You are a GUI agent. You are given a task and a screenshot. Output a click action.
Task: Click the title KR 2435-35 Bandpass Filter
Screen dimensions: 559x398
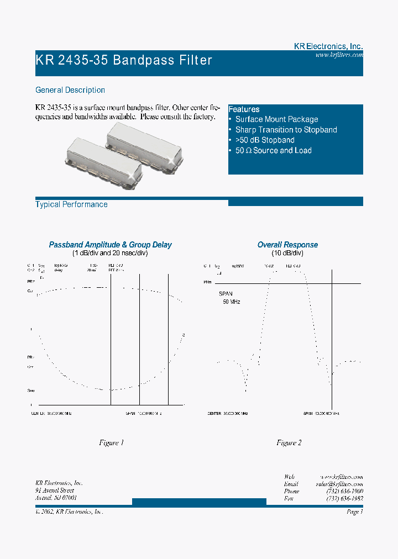tap(124, 60)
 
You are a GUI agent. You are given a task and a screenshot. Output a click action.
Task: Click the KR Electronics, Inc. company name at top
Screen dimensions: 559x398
tap(328, 47)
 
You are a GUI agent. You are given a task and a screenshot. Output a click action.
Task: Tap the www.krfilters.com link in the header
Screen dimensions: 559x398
tap(339, 55)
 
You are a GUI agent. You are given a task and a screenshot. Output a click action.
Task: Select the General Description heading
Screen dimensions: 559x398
tap(70, 90)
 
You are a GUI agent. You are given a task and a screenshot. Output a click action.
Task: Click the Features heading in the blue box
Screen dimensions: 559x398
tap(244, 109)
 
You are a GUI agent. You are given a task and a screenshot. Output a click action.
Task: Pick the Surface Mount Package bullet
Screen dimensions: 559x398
tap(276, 119)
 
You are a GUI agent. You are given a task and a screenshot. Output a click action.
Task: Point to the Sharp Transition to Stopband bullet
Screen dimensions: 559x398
tap(286, 130)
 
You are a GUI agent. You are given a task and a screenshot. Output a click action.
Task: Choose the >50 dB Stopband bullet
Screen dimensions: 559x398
tap(265, 140)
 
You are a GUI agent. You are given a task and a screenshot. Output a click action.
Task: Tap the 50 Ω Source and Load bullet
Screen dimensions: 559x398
tap(273, 151)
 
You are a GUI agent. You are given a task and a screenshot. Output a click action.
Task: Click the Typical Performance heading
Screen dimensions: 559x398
tap(71, 204)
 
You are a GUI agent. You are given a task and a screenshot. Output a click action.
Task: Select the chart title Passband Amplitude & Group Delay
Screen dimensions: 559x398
tap(111, 245)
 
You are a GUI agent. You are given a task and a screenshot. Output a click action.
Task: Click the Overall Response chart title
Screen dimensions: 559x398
tap(287, 245)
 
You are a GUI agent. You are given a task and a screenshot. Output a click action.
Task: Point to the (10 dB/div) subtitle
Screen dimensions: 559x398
tap(287, 253)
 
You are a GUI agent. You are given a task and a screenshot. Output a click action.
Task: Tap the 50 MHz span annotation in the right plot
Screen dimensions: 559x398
tap(232, 302)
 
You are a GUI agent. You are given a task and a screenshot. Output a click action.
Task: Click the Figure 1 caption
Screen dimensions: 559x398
tap(111, 443)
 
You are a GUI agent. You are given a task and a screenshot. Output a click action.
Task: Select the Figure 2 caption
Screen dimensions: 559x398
tap(289, 443)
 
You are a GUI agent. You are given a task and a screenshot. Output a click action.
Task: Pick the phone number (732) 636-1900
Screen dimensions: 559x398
tap(344, 491)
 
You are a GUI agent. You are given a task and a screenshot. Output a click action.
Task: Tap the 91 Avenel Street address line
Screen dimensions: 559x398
tap(54, 491)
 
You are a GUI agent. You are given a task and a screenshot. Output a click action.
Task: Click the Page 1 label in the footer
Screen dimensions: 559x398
tap(354, 512)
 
